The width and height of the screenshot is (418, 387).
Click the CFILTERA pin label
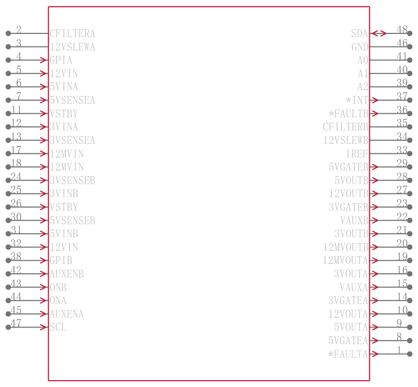tap(72, 33)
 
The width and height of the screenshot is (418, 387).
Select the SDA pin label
tap(359, 33)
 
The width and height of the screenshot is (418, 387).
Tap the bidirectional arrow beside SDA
tap(379, 33)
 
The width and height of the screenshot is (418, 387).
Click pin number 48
tap(402, 29)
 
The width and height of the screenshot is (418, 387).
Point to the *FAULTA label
tap(348, 354)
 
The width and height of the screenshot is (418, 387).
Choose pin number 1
tap(399, 350)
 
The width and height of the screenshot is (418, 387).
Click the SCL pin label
tap(58, 327)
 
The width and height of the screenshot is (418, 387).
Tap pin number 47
tap(16, 323)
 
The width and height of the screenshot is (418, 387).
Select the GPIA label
tap(61, 60)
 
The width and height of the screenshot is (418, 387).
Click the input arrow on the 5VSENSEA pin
tap(43, 100)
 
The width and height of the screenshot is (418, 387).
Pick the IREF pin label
tap(357, 153)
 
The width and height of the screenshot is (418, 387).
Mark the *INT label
tap(357, 100)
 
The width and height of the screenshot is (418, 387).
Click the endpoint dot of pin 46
tap(410, 47)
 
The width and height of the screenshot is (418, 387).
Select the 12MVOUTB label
tap(346, 247)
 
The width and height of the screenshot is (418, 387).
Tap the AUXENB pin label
tap(67, 274)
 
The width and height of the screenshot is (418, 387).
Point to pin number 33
tap(402, 150)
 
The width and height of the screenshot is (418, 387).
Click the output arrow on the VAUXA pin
tap(374, 287)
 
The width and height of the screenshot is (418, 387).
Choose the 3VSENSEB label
tap(72, 180)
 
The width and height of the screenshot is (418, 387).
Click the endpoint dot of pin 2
tap(8, 33)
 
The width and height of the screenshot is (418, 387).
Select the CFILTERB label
tap(345, 127)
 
